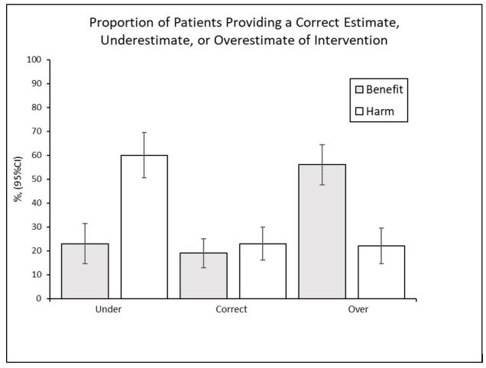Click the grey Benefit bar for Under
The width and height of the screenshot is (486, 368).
[x=85, y=271]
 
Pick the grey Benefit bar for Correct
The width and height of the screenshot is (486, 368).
[x=203, y=276]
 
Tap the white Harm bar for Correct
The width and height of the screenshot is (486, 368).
[x=262, y=271]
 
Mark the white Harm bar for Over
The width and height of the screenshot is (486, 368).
[x=381, y=272]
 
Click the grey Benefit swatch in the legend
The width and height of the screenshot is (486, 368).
[x=357, y=89]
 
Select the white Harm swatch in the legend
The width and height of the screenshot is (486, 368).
[x=357, y=112]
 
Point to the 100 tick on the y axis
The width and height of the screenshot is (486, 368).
[x=34, y=60]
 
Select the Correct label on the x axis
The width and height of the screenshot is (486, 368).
[x=231, y=310]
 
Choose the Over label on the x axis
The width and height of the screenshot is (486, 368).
[x=358, y=310]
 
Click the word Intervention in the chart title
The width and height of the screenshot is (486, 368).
[x=351, y=40]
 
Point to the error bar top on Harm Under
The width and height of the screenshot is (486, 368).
[x=144, y=133]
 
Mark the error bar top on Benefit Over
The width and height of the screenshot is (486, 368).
[x=322, y=145]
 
